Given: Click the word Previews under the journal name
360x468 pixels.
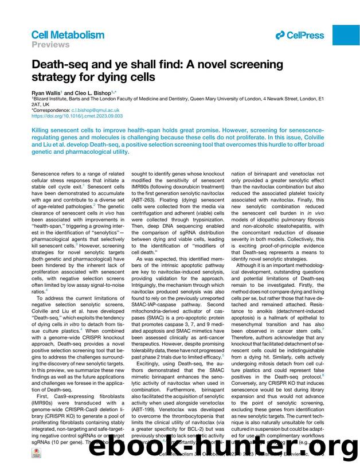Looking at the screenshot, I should click(x=50, y=44).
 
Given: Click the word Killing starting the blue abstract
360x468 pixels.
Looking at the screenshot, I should click(x=42, y=130).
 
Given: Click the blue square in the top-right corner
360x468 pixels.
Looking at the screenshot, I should click(x=346, y=35).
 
